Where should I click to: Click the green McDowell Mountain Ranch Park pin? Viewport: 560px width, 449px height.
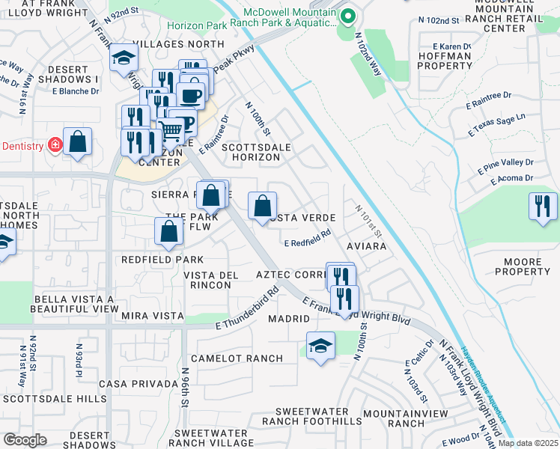347,16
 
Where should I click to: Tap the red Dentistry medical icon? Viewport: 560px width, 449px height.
55,144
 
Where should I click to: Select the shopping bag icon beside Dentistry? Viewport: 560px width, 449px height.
77,141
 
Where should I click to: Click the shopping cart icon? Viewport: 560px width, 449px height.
171,131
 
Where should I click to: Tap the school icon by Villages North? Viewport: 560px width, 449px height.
124,59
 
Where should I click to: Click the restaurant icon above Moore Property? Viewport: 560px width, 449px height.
543,206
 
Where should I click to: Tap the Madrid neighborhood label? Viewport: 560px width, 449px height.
289,319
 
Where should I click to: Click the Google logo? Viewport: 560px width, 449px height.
25,440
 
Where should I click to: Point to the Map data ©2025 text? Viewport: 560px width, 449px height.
528,443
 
